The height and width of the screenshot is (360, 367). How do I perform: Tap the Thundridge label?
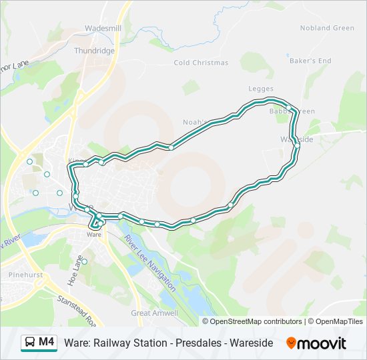pos(95,51)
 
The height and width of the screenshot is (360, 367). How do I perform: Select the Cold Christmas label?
pos(201,63)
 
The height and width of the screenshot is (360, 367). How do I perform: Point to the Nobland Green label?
pos(327,28)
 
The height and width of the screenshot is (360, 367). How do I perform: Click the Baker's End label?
pos(310,61)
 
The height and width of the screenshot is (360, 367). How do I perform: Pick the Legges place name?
pos(261,89)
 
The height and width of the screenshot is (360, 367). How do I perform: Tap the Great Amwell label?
pos(155,313)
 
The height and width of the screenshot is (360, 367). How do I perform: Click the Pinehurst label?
pos(25,275)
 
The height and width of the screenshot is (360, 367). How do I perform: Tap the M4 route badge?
pos(46,342)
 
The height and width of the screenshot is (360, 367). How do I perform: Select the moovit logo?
pos(316,343)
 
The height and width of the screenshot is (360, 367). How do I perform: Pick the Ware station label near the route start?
pos(94,235)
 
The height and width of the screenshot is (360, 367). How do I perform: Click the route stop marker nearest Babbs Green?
pos(289,108)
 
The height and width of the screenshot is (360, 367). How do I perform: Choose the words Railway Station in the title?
pos(131,343)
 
